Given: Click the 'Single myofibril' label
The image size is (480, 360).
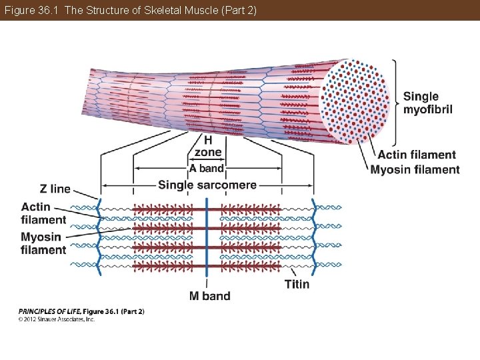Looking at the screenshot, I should [x=427, y=103].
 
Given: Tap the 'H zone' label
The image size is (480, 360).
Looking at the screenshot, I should [x=208, y=147].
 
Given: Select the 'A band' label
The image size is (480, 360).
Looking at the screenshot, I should [x=207, y=168].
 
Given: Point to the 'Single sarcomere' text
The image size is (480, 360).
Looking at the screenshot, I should [x=207, y=185].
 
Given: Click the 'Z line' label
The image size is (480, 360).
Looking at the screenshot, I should [x=55, y=189].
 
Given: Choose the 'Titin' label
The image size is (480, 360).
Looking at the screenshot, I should [x=297, y=284].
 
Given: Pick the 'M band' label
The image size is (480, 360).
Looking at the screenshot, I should [x=209, y=296].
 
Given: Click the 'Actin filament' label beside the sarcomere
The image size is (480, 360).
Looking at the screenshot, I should [x=43, y=213].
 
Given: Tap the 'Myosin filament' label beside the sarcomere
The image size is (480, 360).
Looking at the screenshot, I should [x=43, y=243].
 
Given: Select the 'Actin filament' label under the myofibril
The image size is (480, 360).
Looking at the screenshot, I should [x=417, y=155].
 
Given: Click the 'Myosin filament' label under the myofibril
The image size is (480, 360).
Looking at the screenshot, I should [x=415, y=169].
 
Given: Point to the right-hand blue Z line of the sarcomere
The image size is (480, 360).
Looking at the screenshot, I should [x=313, y=237].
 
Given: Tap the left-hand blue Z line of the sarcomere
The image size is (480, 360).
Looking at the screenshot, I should [x=101, y=237].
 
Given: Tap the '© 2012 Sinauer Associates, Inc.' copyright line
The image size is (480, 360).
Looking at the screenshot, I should [x=57, y=319].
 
